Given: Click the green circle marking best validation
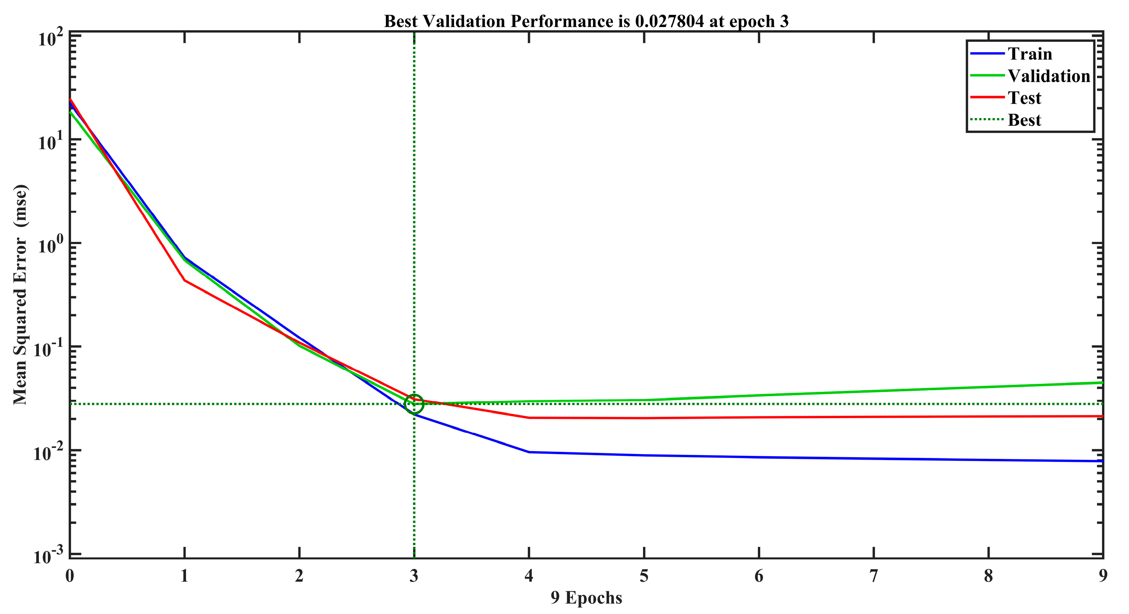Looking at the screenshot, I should [x=414, y=404].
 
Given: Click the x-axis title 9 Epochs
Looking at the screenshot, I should [x=586, y=598].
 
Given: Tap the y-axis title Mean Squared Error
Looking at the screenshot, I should [x=20, y=294].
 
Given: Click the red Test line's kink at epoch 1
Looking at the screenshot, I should [x=184, y=280].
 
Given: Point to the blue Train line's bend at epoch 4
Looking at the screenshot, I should [x=529, y=452].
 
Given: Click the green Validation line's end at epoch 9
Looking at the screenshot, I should [x=1102, y=383].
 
